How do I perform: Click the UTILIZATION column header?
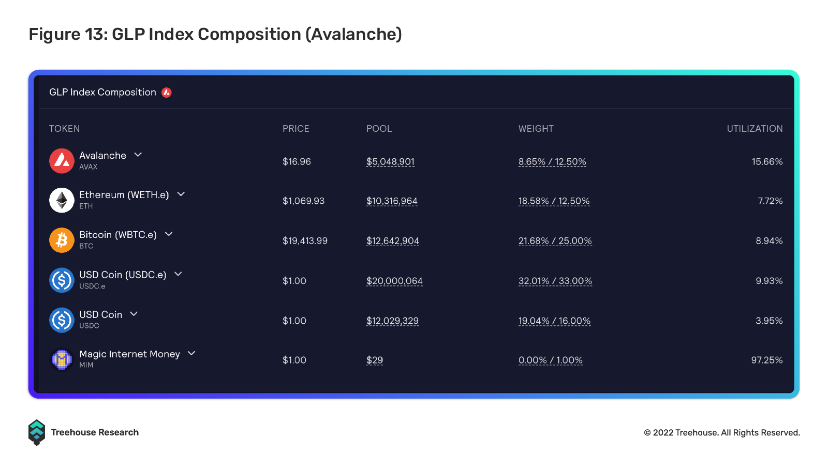(755, 129)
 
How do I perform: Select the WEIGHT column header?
(536, 129)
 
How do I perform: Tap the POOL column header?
(379, 129)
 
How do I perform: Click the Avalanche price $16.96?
(297, 161)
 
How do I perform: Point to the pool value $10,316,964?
(392, 201)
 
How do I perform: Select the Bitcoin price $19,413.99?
(305, 241)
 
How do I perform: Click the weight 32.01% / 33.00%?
(555, 281)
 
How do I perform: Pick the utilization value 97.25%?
(766, 360)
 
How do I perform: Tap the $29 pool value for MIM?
(375, 360)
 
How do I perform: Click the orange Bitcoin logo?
(62, 240)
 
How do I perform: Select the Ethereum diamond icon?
(62, 200)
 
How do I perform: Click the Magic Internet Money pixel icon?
(62, 359)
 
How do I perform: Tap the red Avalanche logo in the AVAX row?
(62, 161)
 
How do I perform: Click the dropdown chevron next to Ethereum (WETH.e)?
(181, 194)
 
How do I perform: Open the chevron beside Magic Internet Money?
(191, 353)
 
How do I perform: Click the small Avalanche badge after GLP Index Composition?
(166, 93)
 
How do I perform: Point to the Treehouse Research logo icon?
(37, 432)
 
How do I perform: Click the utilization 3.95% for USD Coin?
(769, 321)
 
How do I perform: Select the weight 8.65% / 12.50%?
(552, 161)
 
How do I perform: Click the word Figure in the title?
(54, 35)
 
